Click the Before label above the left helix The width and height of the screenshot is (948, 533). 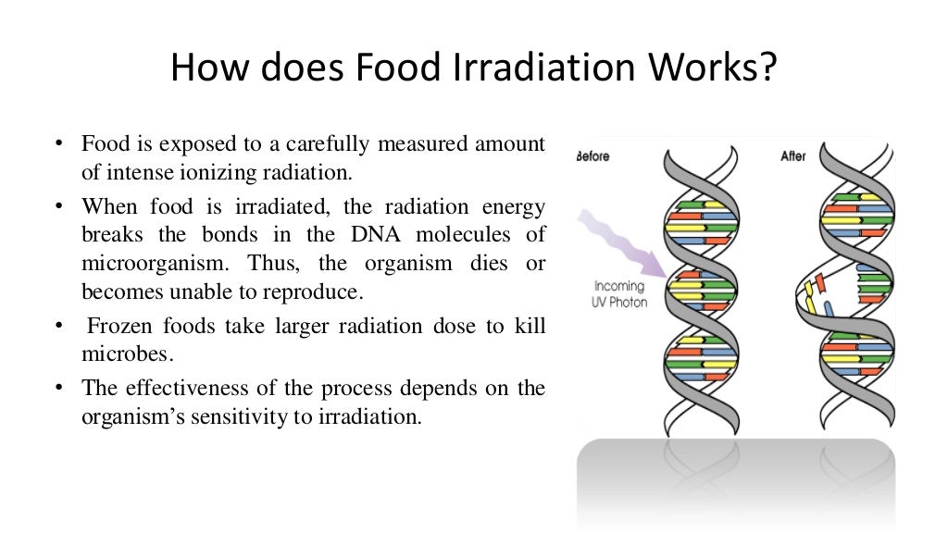click(x=593, y=156)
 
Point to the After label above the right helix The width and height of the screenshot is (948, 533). click(x=794, y=156)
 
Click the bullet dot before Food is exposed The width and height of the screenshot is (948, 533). click(x=57, y=144)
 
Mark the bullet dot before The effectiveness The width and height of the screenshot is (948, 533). click(x=57, y=388)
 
